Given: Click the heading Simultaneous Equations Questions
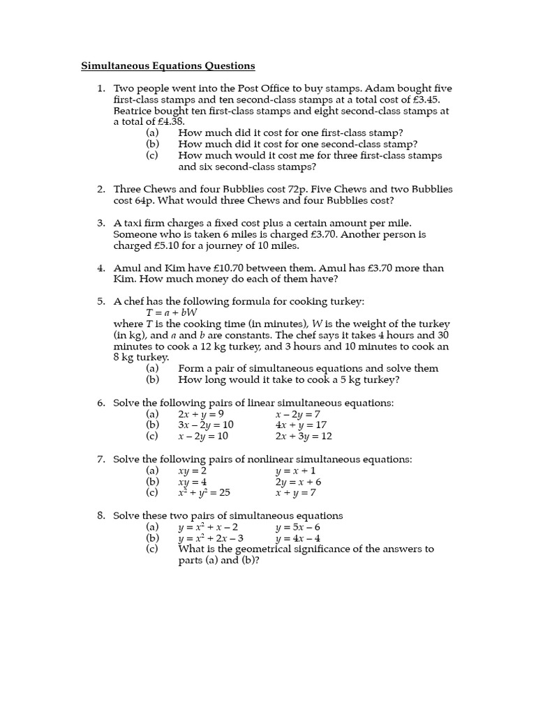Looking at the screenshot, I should [x=168, y=66].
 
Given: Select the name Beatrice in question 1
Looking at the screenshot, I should [x=135, y=111].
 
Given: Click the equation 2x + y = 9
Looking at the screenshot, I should [x=201, y=414].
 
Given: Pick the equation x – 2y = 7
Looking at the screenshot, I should [x=298, y=414].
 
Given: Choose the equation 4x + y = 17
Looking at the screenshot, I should [x=301, y=425].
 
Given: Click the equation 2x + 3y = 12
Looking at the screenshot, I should [x=304, y=436].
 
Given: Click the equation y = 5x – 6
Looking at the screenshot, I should [x=298, y=527].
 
